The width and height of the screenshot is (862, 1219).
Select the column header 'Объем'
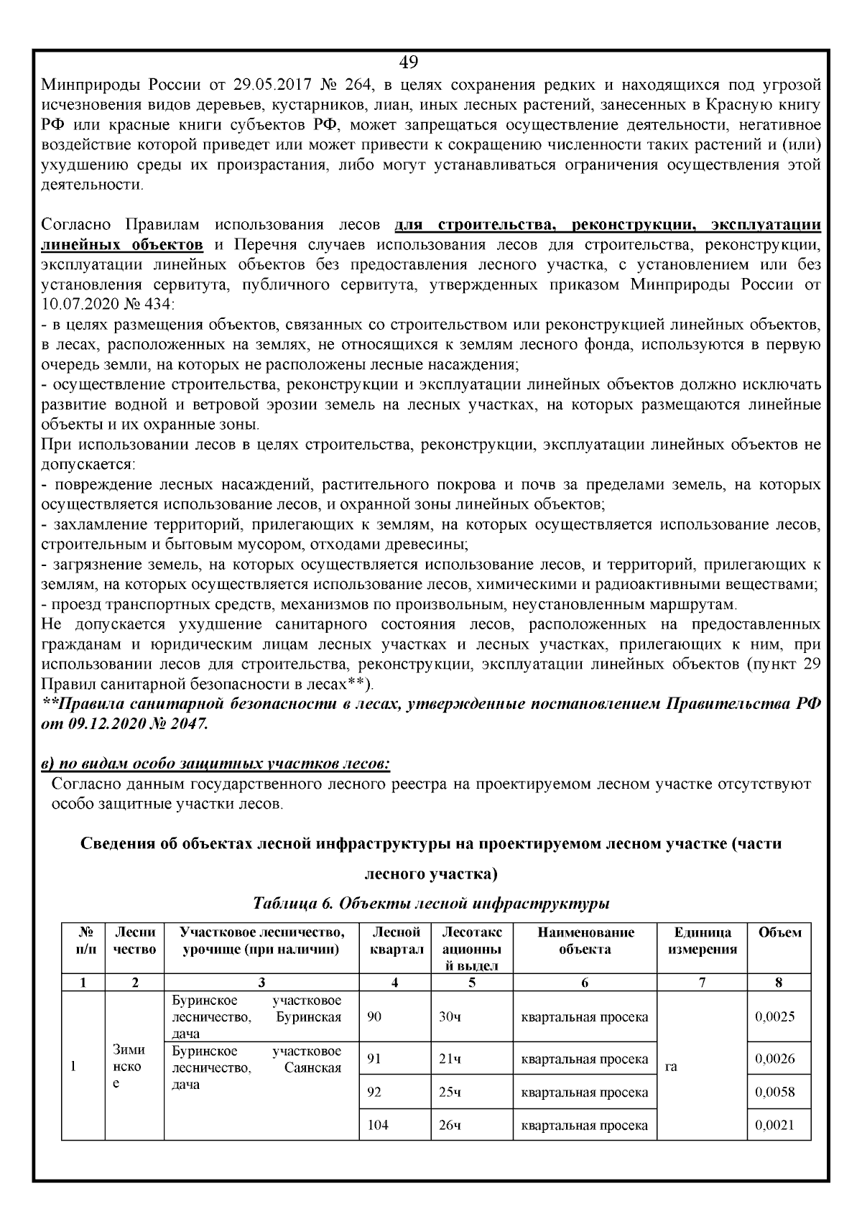click(x=779, y=933)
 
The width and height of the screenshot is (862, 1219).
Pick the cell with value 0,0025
click(x=775, y=1017)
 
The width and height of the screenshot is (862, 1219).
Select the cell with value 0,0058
click(x=775, y=1093)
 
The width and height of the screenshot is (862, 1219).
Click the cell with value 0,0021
click(x=775, y=1125)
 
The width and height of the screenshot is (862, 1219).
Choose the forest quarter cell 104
click(x=378, y=1125)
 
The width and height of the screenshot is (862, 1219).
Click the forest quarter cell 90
click(x=374, y=1017)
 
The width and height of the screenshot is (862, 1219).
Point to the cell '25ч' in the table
click(x=450, y=1093)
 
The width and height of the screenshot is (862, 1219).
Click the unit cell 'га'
click(x=671, y=1067)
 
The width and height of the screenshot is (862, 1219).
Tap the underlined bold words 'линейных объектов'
click(x=122, y=244)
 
